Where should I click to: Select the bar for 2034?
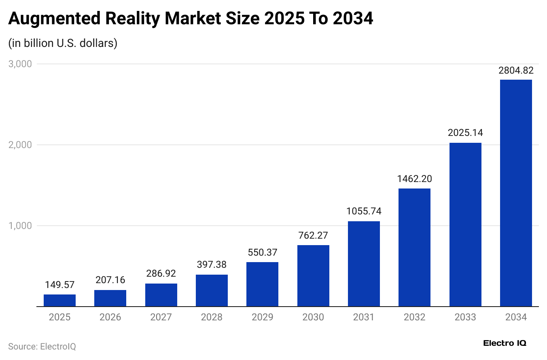(516, 193)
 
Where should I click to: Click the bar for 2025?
(59, 301)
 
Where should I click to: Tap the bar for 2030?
(313, 276)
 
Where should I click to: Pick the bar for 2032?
(414, 248)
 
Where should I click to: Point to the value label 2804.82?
(516, 70)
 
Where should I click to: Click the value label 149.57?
(59, 285)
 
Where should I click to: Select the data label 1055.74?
(364, 211)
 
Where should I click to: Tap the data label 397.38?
(212, 265)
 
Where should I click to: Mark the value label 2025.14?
(465, 133)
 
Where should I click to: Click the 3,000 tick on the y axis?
(20, 64)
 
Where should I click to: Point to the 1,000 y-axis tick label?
(20, 226)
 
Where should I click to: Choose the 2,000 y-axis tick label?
(20, 145)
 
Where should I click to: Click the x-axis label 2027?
(161, 317)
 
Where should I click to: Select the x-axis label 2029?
(262, 317)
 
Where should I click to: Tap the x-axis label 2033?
(465, 317)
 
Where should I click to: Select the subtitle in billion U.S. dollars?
(63, 43)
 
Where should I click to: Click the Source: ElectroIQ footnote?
(42, 347)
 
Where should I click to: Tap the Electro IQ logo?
(505, 343)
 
